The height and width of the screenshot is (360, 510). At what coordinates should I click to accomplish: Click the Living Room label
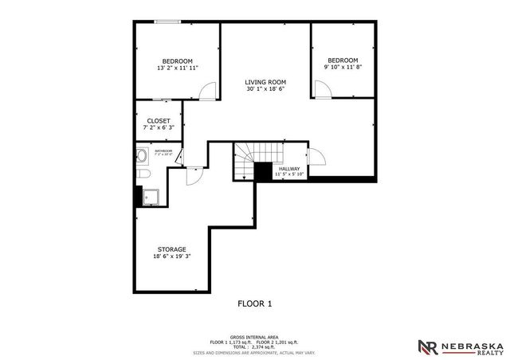click(265, 81)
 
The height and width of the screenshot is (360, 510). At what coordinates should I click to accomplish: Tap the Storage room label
click(171, 249)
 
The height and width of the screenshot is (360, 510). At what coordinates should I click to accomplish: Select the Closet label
click(158, 120)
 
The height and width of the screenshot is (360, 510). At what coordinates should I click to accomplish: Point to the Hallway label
click(289, 169)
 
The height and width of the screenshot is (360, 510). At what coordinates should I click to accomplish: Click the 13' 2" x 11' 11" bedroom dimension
click(177, 68)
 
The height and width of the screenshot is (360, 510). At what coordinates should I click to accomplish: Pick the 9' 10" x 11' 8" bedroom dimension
click(342, 68)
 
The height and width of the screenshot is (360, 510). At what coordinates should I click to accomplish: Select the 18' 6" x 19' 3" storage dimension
click(171, 256)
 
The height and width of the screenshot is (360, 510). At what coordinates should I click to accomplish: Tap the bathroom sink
click(140, 155)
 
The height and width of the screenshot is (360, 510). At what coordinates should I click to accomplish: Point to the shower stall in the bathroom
click(151, 195)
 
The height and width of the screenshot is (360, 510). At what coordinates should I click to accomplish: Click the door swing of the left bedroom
click(206, 92)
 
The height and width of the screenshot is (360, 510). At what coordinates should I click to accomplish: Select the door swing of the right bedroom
click(322, 89)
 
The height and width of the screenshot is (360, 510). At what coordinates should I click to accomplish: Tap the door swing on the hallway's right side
click(314, 158)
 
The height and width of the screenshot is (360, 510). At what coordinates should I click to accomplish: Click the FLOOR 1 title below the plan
click(255, 303)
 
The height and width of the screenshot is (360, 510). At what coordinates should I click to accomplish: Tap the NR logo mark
click(428, 346)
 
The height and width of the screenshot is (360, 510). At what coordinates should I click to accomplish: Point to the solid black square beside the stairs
click(263, 172)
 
